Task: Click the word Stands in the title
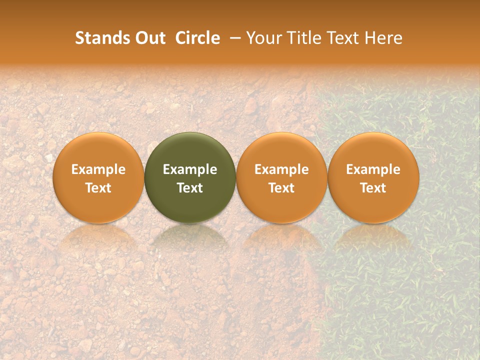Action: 95,38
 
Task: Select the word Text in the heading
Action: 343,38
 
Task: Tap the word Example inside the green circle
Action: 190,169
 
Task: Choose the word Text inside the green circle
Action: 190,188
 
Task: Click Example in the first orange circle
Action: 98,169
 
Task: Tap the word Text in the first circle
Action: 98,188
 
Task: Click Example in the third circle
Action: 281,169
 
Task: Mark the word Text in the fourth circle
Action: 373,188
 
